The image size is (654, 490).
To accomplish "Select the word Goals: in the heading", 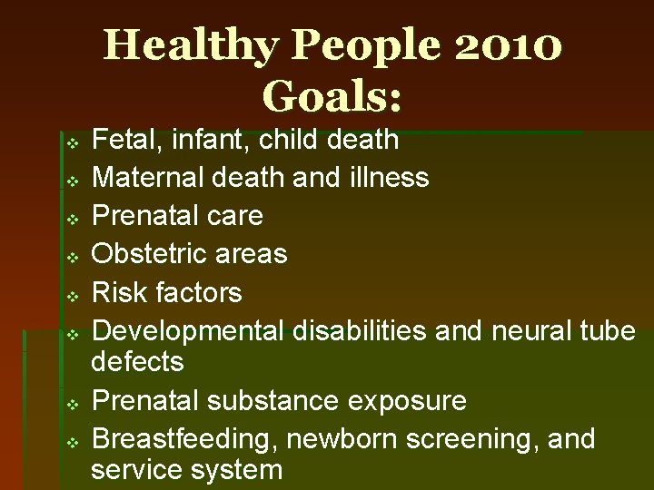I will [x=332, y=93].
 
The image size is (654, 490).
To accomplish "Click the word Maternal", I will [x=149, y=177].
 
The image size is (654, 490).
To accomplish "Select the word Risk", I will [x=121, y=292].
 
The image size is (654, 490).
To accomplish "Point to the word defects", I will [x=137, y=362].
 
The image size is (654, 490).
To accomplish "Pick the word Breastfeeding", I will [x=185, y=439].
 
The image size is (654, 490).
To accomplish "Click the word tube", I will [x=608, y=331].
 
